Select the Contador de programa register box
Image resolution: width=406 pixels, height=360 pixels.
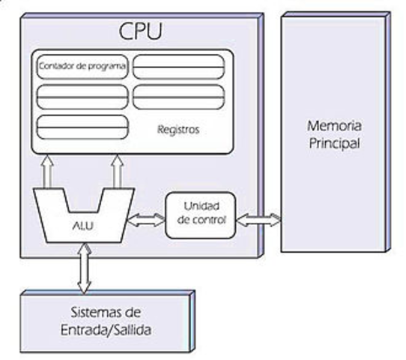click(x=82, y=67)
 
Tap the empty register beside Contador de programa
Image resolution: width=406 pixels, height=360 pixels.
click(x=178, y=67)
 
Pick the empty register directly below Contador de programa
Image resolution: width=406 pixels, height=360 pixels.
click(x=82, y=97)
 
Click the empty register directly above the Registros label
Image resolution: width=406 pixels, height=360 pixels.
click(x=178, y=97)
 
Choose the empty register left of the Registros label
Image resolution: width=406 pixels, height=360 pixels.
click(x=82, y=126)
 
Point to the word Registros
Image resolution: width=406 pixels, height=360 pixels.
click(x=178, y=129)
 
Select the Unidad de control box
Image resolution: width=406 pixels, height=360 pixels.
click(x=200, y=214)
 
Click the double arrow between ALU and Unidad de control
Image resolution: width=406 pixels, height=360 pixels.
click(x=146, y=220)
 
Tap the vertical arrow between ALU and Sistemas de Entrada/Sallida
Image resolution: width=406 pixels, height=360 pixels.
click(x=83, y=268)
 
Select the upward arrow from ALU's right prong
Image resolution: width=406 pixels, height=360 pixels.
click(x=117, y=172)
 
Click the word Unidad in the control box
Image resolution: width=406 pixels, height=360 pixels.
click(x=199, y=206)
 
